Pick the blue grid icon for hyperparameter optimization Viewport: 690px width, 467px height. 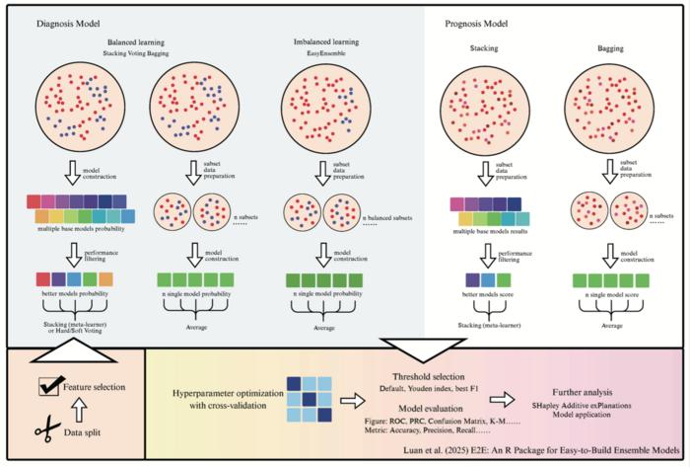(310, 392)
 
